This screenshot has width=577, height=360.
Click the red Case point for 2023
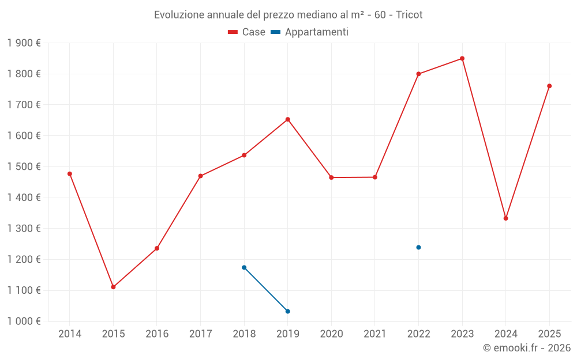tap(462, 58)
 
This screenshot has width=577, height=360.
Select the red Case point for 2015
tap(113, 287)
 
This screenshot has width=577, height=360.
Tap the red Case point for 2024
tap(506, 218)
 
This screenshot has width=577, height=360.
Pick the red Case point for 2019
tap(287, 119)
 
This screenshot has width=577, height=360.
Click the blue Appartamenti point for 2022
tap(418, 248)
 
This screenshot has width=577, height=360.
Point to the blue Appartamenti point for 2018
tap(244, 267)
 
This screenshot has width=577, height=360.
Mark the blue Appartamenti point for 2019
tap(287, 312)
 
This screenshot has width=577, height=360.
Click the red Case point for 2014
tap(70, 174)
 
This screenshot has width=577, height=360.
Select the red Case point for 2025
tap(549, 86)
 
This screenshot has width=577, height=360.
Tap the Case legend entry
tap(247, 32)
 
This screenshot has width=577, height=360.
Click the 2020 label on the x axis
tap(331, 334)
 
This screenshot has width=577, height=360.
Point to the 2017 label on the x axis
tap(200, 334)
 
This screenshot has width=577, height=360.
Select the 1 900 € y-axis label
tap(24, 43)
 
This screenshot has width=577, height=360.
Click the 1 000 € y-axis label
tap(24, 321)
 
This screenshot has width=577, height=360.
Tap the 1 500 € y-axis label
tap(24, 167)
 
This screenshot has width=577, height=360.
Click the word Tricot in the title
tap(409, 15)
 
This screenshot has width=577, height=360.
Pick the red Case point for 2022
tap(418, 74)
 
